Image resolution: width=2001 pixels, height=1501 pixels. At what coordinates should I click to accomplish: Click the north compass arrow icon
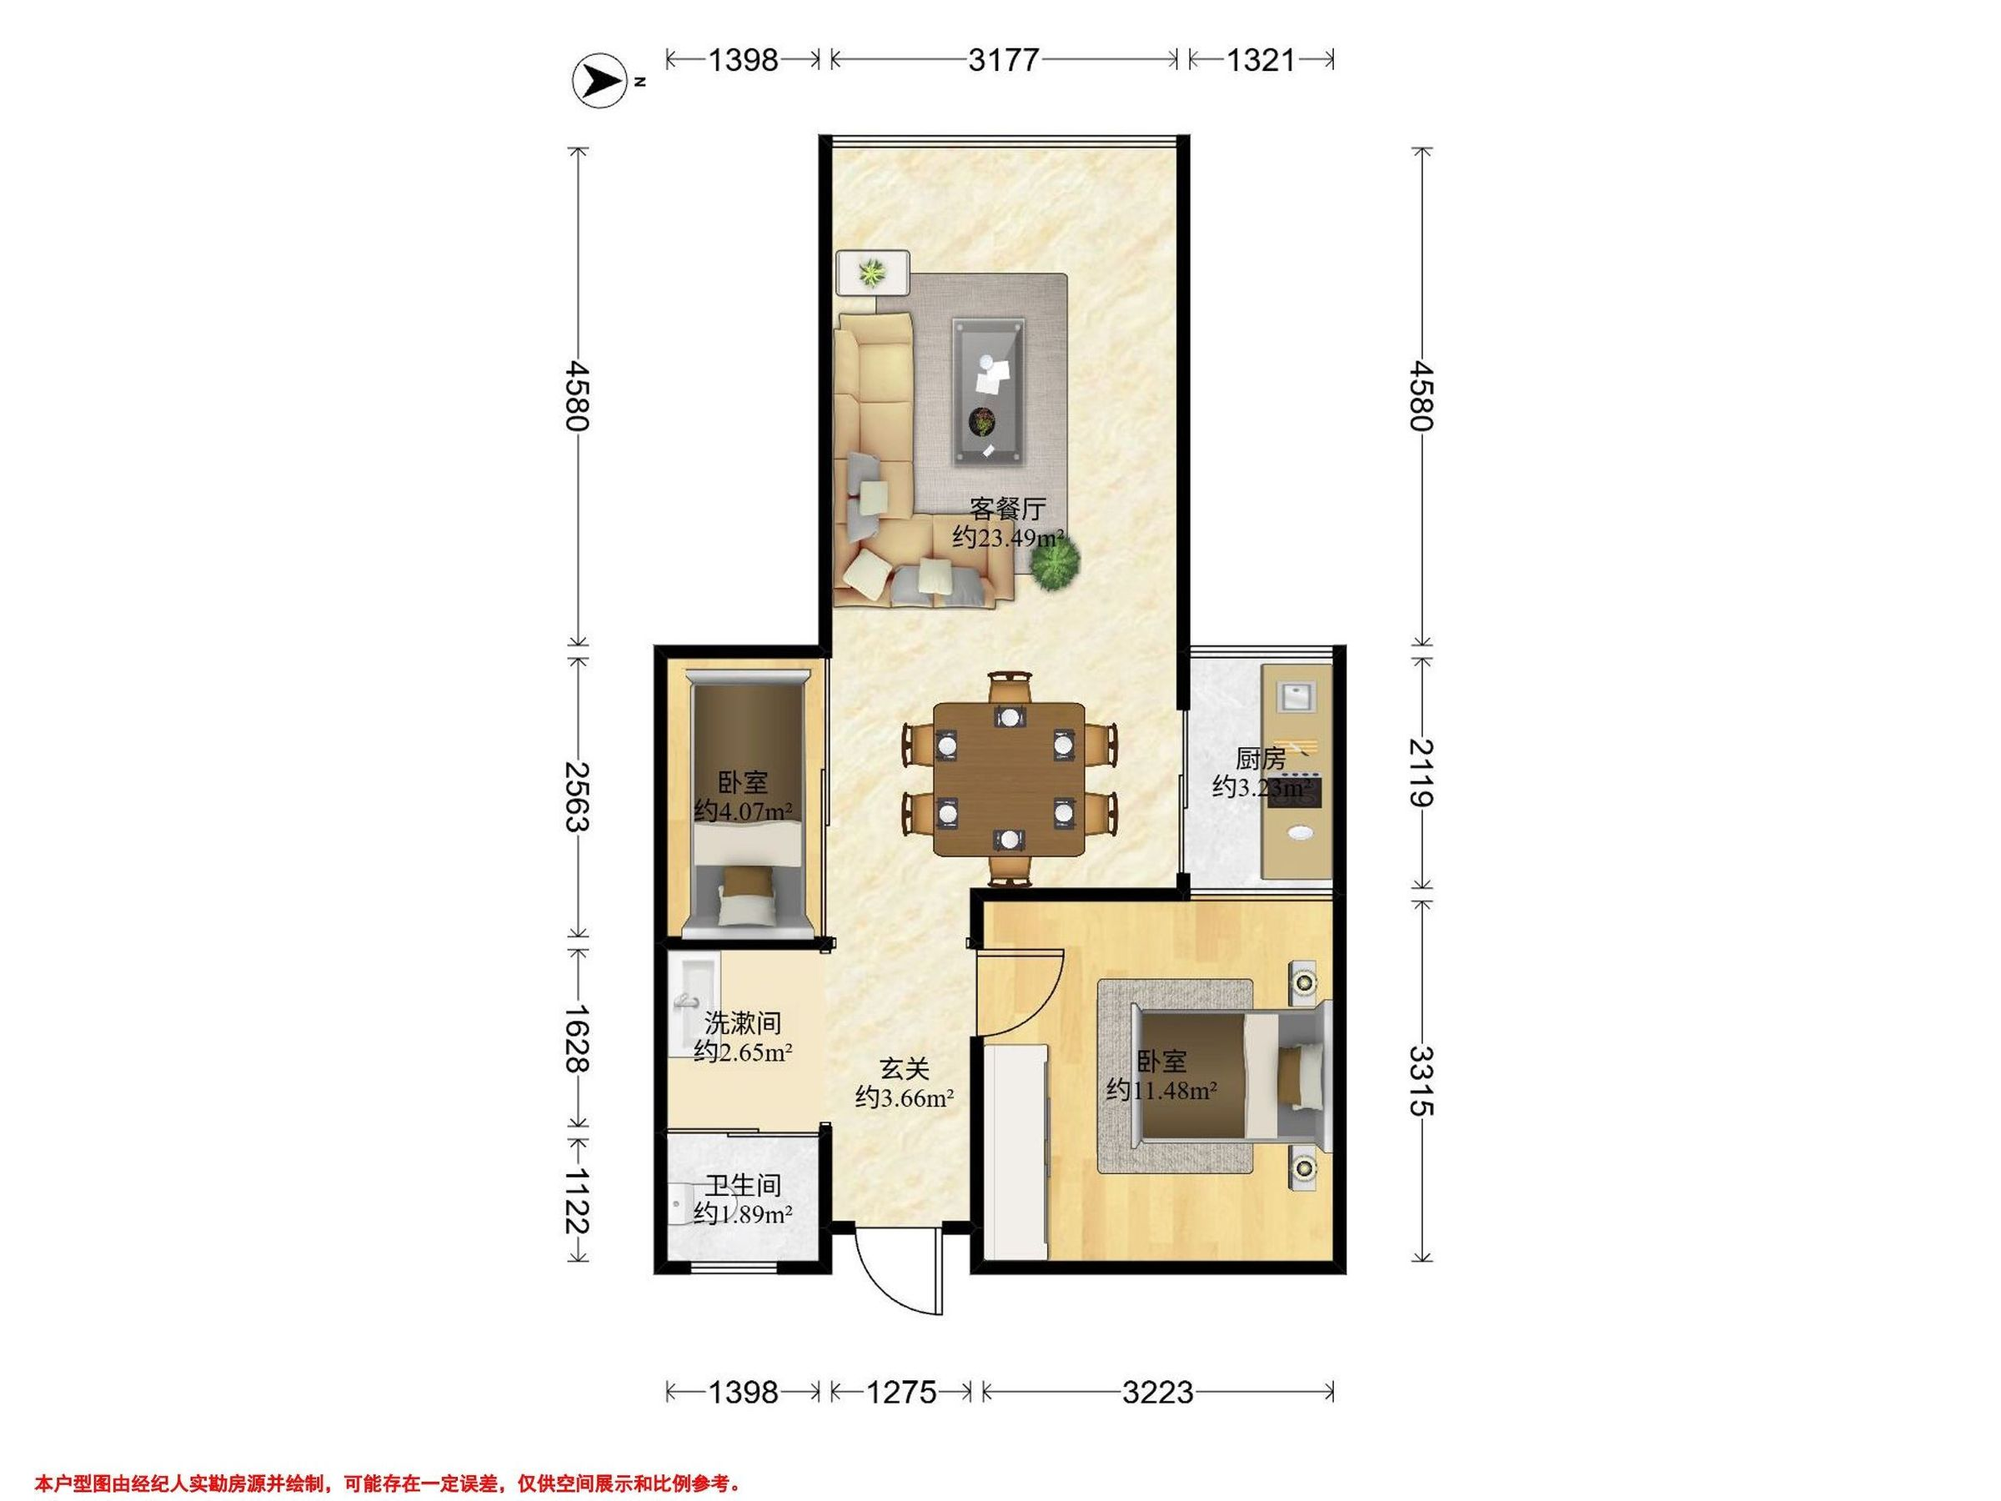[599, 83]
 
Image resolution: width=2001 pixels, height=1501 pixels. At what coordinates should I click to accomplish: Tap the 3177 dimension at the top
[1003, 60]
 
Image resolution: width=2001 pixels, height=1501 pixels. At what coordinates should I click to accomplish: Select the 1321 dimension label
[1261, 60]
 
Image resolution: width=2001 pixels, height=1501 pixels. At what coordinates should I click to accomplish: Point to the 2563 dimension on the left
[576, 797]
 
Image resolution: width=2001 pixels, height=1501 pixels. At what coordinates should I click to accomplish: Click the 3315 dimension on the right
[1422, 1082]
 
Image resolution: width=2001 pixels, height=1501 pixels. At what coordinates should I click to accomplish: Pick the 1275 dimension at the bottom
[902, 1392]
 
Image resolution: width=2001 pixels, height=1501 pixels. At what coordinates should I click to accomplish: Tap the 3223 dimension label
[1158, 1392]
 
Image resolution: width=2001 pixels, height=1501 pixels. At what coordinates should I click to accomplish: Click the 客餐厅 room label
[1008, 508]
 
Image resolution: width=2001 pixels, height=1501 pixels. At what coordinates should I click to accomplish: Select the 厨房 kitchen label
[1260, 758]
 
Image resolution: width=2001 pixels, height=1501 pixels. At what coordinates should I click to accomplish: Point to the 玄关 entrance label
[905, 1068]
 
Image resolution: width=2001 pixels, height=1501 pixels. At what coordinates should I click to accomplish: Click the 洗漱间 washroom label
[743, 1023]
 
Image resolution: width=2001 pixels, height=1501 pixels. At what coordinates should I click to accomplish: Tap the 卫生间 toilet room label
[743, 1185]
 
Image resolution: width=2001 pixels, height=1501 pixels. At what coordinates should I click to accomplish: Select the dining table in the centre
[1009, 779]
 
